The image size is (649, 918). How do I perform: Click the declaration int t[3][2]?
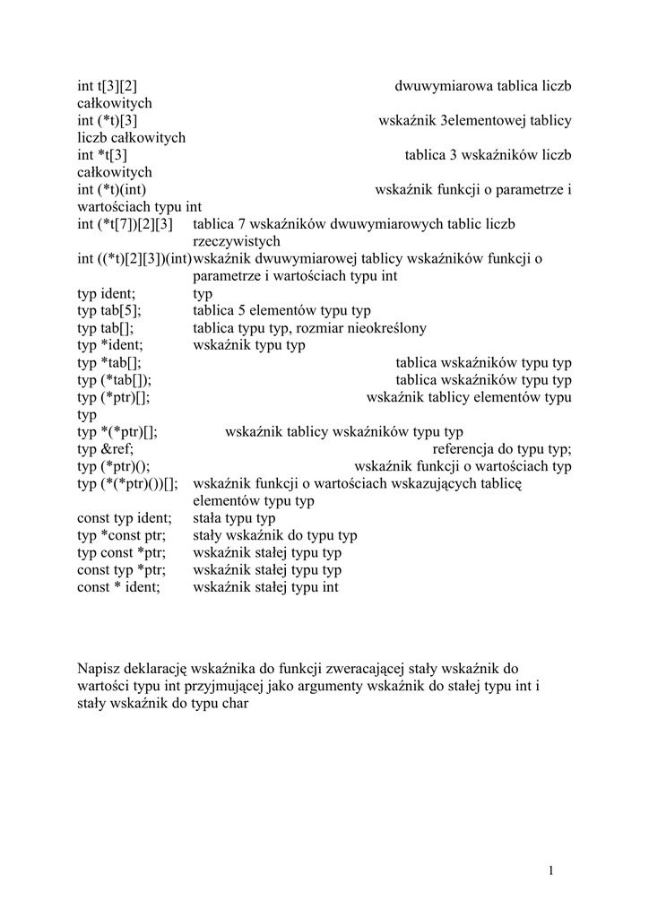click(x=107, y=86)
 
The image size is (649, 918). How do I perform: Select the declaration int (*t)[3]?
click(x=107, y=120)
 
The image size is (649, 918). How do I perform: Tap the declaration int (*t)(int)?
click(x=111, y=189)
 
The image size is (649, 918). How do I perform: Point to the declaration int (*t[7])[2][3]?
click(x=125, y=223)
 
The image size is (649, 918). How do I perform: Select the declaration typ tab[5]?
click(x=109, y=310)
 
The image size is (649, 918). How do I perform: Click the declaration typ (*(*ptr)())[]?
click(x=127, y=483)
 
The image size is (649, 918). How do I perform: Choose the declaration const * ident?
click(x=118, y=587)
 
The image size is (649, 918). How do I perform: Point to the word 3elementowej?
click(x=484, y=120)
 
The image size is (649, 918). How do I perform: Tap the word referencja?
click(x=466, y=449)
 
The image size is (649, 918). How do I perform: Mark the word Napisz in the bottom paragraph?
click(x=98, y=669)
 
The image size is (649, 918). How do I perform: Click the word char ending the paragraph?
click(x=232, y=704)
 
